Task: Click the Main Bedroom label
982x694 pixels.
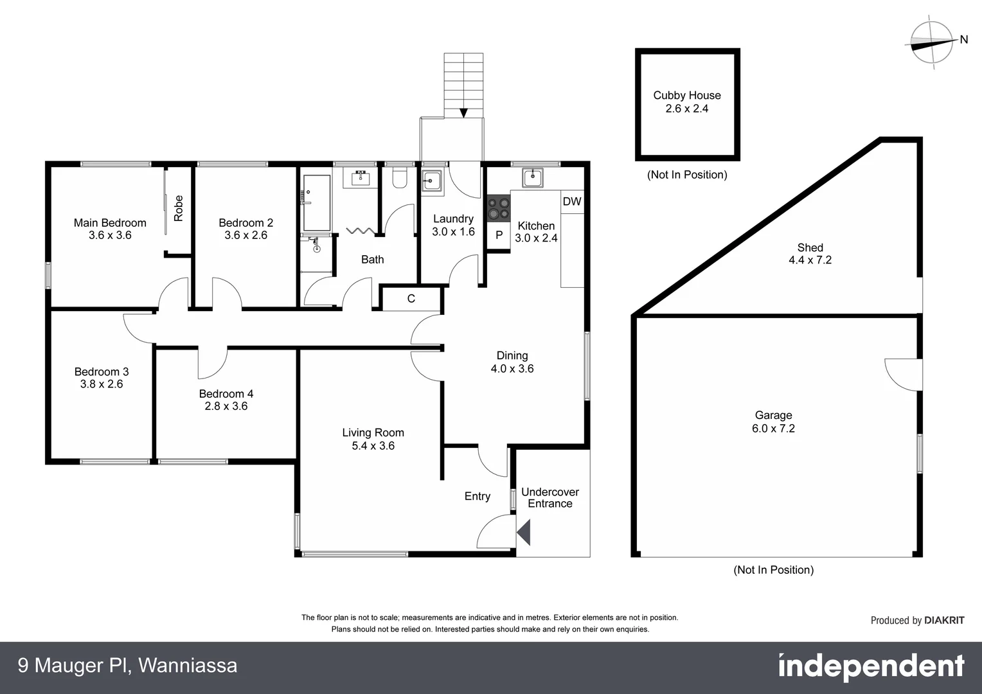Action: point(110,223)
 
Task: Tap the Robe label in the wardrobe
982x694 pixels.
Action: point(179,208)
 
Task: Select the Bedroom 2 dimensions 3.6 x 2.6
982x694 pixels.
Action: point(245,235)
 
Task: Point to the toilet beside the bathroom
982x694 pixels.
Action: point(399,178)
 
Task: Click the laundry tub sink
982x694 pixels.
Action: point(431,182)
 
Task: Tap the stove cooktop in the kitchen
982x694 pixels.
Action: point(497,207)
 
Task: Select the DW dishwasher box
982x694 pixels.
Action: point(571,202)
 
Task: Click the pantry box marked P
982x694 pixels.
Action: point(499,236)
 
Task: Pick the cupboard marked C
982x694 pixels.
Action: point(411,299)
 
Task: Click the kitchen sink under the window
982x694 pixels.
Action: point(533,178)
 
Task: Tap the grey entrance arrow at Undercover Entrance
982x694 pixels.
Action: point(524,533)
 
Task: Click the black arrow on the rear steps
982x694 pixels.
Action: point(463,113)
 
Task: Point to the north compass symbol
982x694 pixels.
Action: point(933,42)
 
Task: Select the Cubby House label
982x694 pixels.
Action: point(687,95)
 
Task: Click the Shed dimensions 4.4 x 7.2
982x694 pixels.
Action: point(810,260)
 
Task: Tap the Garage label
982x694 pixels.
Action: point(773,416)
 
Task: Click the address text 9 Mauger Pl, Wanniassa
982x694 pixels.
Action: point(127,666)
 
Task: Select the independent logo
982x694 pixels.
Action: point(871,667)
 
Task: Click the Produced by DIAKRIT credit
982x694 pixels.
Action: point(917,620)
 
